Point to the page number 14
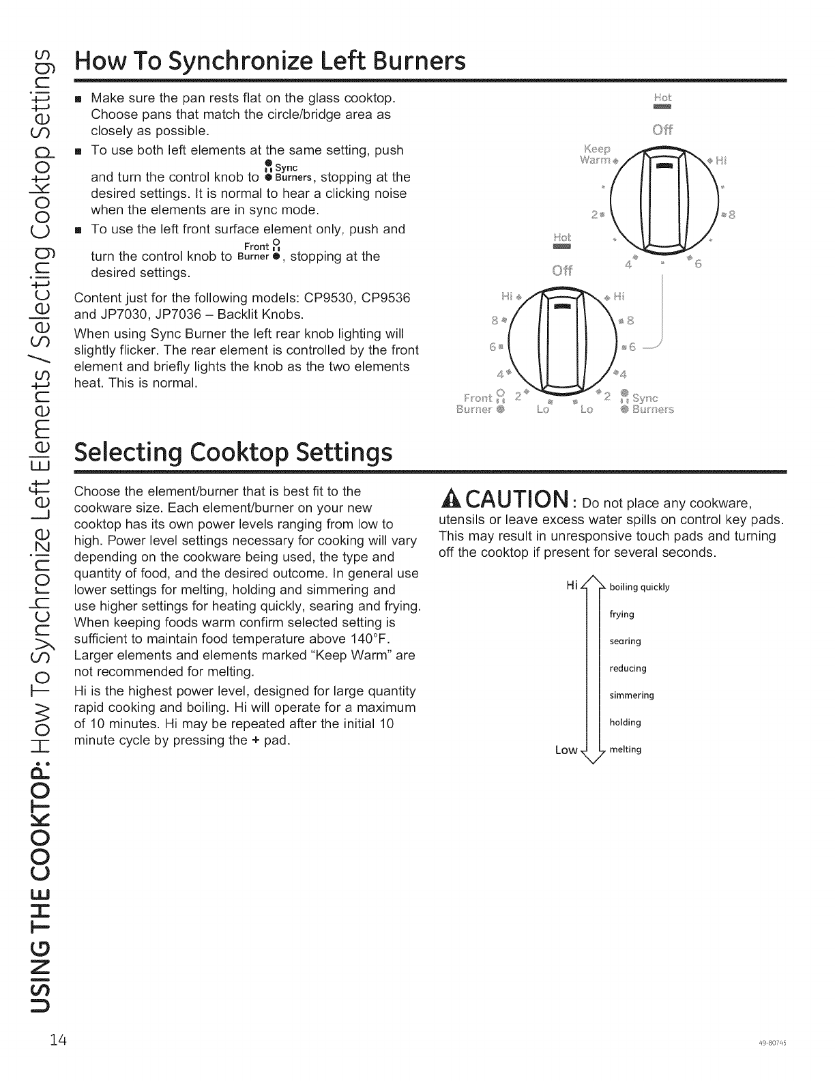pos(57,1041)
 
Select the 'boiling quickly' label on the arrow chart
pos(639,588)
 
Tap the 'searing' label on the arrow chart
pos(625,642)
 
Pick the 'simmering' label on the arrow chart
pos(631,695)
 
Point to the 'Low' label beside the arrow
pos(566,750)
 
